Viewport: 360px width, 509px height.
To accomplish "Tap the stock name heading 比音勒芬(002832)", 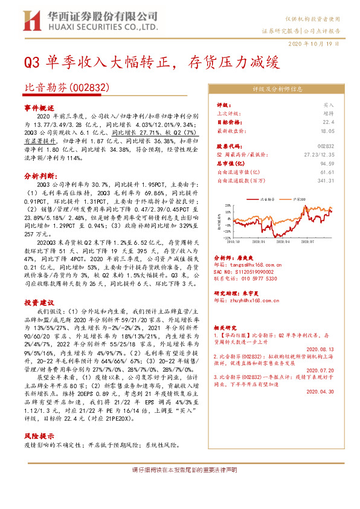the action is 66,88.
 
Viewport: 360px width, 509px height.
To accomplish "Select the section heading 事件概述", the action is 39,106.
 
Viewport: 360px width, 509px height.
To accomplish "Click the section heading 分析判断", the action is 39,175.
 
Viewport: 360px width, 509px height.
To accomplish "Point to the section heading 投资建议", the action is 39,302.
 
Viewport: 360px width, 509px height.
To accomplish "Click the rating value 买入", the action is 328,105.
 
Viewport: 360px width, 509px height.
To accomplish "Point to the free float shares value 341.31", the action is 324,180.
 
